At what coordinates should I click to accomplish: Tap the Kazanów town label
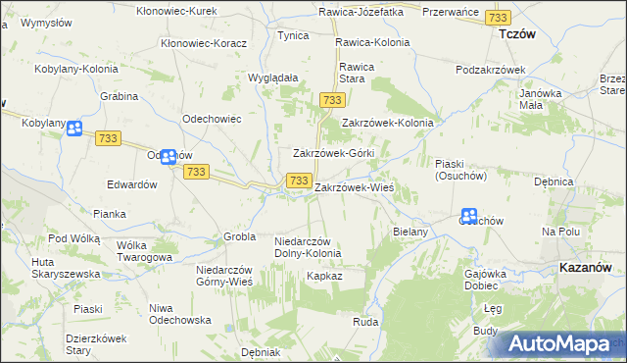587,267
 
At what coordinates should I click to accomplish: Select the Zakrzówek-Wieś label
354,186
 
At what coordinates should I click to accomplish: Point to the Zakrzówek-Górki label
334,154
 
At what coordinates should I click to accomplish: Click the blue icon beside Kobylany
74,129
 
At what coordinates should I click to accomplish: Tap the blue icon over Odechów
169,156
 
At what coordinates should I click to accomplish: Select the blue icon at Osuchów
469,216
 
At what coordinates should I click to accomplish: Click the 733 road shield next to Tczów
498,19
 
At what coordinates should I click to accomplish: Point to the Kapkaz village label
323,277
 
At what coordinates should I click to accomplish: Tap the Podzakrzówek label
491,70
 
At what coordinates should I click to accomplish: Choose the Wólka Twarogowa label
144,251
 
